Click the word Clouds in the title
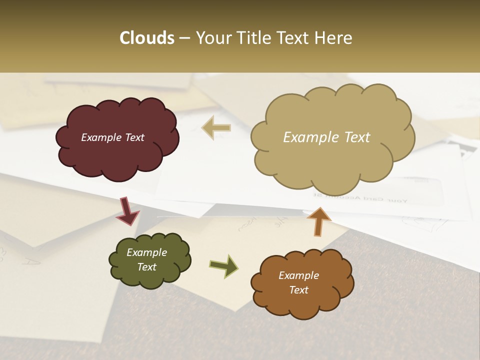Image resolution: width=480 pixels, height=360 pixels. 147,38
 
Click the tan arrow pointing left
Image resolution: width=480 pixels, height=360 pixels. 216,128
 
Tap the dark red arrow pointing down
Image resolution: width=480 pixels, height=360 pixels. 127,211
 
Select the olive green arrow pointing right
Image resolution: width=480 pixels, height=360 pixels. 224,265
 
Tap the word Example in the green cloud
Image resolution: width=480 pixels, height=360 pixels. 146,253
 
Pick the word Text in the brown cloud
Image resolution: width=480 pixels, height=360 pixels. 298,290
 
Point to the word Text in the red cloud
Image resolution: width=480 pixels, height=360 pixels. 134,137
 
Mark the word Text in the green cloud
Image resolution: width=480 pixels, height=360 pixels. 146,267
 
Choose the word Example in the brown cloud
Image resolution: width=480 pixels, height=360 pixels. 298,275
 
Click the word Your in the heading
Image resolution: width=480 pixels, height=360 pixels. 211,38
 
